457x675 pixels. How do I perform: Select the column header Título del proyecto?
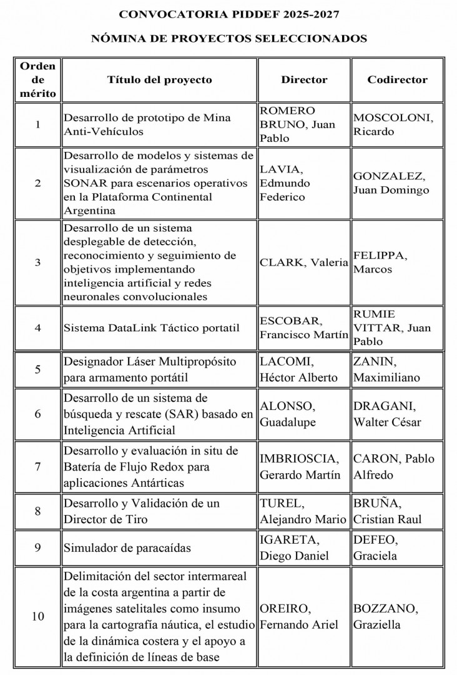click(159, 80)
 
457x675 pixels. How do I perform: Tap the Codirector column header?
click(397, 80)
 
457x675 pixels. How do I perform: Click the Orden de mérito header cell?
click(37, 80)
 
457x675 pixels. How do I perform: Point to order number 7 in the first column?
click(37, 467)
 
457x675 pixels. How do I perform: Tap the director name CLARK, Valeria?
click(303, 262)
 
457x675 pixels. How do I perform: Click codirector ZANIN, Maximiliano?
click(386, 369)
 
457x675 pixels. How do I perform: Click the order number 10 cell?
click(37, 616)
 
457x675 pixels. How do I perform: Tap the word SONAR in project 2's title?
click(85, 183)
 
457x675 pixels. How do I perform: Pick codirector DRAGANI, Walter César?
click(387, 414)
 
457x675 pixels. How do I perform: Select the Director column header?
click(304, 80)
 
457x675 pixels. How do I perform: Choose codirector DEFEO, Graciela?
click(376, 547)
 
